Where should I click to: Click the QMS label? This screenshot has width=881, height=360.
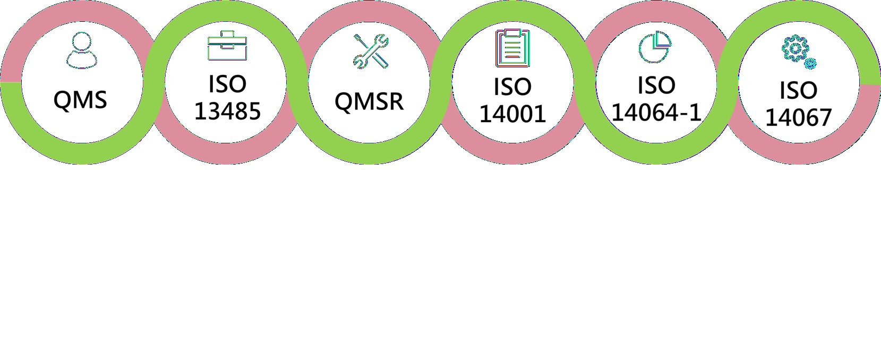(80, 100)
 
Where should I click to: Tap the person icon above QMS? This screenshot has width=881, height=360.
(82, 50)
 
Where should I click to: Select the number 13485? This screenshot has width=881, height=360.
(227, 111)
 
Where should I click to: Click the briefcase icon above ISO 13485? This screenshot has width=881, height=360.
(227, 46)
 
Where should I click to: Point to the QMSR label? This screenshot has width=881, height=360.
(369, 101)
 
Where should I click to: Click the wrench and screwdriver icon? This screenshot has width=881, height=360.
(371, 51)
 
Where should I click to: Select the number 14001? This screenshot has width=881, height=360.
(512, 114)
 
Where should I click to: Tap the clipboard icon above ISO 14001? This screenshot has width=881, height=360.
(512, 48)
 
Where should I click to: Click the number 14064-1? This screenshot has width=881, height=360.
(656, 112)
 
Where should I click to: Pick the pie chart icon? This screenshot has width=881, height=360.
(655, 47)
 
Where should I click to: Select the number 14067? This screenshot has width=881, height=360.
(798, 117)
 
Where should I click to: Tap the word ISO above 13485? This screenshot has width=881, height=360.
(227, 84)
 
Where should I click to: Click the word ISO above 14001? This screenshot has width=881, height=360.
(512, 87)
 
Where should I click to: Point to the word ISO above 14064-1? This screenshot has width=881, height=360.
(656, 85)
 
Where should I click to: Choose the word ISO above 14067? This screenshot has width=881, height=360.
(798, 91)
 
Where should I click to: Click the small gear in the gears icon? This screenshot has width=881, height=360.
(810, 64)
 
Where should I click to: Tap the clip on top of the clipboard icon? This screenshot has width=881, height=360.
(512, 33)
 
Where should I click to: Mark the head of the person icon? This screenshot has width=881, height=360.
(82, 42)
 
